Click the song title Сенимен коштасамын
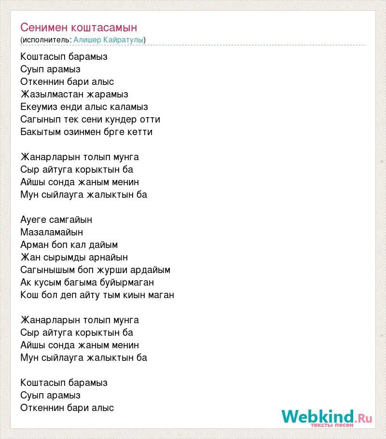tap(79, 27)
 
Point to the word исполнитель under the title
tap(46, 40)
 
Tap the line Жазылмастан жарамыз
tap(74, 94)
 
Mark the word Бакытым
tap(39, 132)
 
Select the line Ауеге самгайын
tap(56, 219)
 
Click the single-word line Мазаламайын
tap(52, 232)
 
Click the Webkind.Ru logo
tap(327, 417)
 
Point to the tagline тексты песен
tap(332, 425)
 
